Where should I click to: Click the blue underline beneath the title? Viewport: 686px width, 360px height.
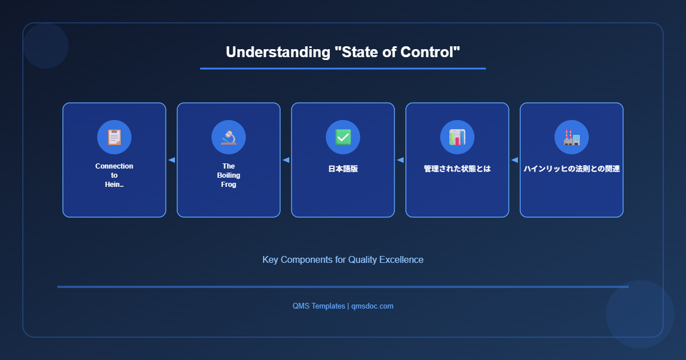pos(343,69)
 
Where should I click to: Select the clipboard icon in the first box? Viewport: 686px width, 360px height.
pos(114,137)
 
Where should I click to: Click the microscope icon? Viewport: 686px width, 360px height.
pos(229,137)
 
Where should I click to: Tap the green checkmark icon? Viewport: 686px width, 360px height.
pos(343,137)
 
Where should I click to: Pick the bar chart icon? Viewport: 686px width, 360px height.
pos(457,137)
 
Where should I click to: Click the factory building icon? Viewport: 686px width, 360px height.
pos(572,137)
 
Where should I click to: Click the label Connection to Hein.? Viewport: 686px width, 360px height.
pos(114,175)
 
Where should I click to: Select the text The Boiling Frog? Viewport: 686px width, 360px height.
pos(229,175)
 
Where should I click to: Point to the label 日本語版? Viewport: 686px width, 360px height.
pos(343,169)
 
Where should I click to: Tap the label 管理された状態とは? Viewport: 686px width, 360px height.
pos(457,169)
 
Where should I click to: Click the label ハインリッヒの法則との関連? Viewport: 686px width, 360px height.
pos(572,169)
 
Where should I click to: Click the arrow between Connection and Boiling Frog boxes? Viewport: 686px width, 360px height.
pos(171,160)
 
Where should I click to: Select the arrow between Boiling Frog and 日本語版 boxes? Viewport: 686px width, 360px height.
pos(286,160)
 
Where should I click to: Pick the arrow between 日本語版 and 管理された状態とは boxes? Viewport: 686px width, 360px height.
pos(400,160)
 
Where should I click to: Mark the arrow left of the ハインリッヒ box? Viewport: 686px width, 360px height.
pos(514,160)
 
